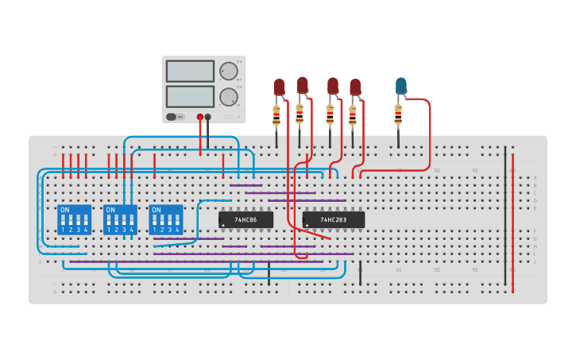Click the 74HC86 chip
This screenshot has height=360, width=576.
tap(245, 219)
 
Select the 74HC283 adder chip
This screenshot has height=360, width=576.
tap(333, 219)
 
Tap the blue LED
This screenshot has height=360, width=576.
tap(400, 86)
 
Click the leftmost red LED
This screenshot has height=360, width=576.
tap(279, 87)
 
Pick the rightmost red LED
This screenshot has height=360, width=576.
tap(355, 87)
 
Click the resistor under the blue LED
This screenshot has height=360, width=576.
tap(398, 116)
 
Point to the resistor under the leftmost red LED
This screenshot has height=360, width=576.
tap(276, 117)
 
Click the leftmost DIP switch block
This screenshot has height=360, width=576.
tap(74, 219)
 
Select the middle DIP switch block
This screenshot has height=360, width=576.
tap(120, 219)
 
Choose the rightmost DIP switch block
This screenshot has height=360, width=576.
tap(165, 219)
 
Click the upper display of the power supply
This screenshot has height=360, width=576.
tap(190, 72)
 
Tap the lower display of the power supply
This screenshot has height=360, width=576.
tap(190, 96)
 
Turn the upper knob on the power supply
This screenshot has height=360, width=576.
tap(228, 72)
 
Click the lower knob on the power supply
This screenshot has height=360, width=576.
tap(228, 97)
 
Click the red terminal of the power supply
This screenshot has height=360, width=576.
tap(199, 117)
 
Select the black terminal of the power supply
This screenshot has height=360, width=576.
tap(208, 117)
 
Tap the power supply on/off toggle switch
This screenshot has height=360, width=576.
tap(171, 117)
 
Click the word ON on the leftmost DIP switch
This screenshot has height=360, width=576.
tap(65, 210)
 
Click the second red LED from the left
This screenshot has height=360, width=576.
tap(302, 84)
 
